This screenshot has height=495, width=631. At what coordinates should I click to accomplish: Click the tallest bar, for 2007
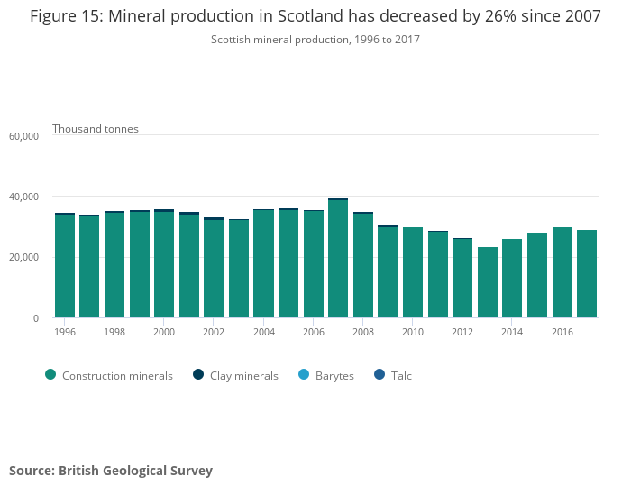[338, 259]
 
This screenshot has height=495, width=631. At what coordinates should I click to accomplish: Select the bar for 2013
[488, 282]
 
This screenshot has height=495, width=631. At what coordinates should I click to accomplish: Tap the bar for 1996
[65, 266]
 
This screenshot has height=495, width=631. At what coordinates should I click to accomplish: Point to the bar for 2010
[413, 272]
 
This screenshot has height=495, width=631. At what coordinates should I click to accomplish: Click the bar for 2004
[263, 263]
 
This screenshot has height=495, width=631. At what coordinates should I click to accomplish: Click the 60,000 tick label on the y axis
[23, 136]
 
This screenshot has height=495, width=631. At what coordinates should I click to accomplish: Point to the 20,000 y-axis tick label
[23, 258]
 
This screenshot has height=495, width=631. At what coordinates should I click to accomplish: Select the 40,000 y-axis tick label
[23, 197]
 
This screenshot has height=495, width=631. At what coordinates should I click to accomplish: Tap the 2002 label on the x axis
[214, 332]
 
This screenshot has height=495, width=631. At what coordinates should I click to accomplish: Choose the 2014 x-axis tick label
[512, 332]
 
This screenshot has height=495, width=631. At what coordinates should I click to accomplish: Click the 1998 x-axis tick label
[114, 332]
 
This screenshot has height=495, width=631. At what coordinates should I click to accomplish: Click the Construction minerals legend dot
[50, 375]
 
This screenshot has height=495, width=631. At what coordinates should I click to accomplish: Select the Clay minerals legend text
[243, 376]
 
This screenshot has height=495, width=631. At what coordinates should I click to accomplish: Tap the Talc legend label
[401, 376]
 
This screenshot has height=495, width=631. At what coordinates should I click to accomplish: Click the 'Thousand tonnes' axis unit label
[96, 129]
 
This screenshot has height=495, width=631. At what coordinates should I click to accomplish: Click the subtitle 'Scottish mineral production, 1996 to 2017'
[315, 40]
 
